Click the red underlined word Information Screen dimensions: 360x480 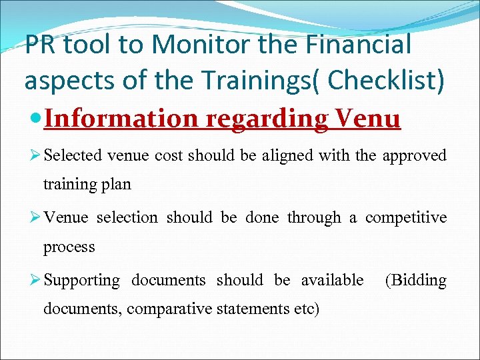(123, 119)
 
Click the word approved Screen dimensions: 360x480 (415, 156)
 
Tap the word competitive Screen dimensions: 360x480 (406, 218)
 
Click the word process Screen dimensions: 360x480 (69, 247)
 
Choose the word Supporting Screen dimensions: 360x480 (81, 281)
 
